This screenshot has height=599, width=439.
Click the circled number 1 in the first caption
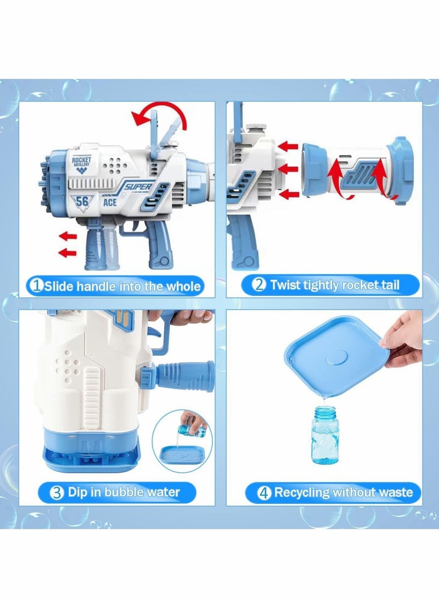(x=37, y=286)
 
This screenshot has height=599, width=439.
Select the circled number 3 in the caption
(x=57, y=492)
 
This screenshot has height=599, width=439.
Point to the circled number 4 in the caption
(x=264, y=492)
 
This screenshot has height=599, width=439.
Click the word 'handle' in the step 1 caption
(x=96, y=286)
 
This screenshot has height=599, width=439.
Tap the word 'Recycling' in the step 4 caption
(x=303, y=492)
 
